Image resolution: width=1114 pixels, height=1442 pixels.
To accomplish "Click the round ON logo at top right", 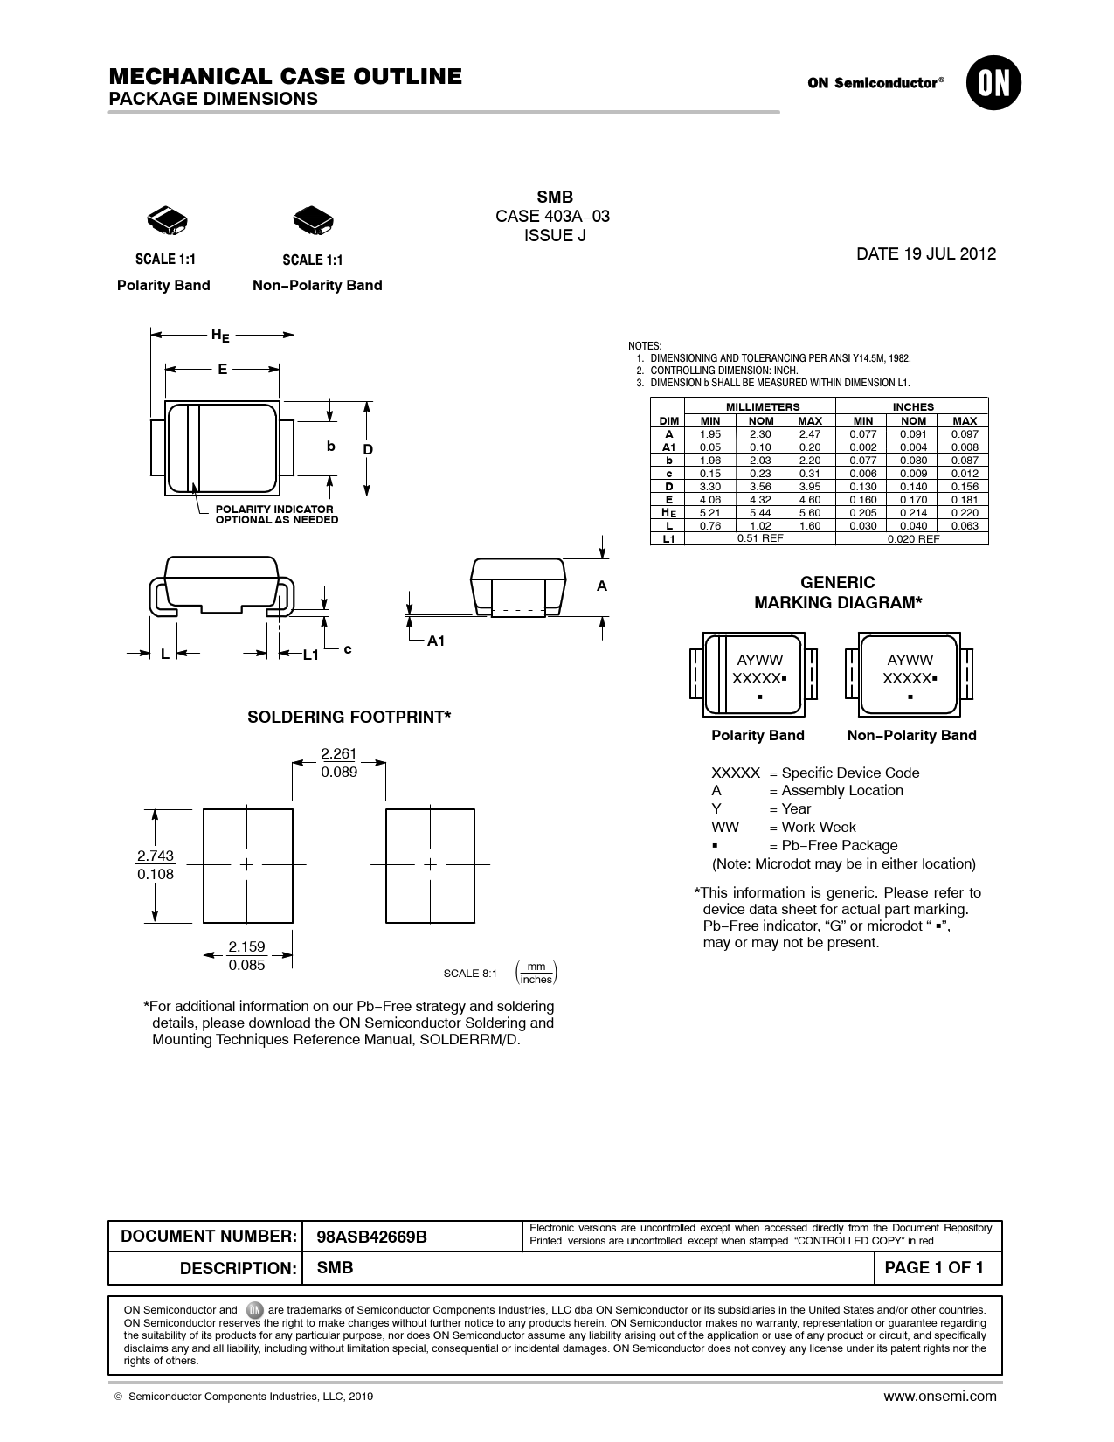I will coord(993,84).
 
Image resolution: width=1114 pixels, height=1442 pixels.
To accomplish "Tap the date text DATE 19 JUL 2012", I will coord(925,254).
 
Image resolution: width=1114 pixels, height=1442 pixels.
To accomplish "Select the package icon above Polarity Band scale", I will coord(165,221).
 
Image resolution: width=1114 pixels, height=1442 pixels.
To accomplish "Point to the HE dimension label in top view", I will coord(220,335).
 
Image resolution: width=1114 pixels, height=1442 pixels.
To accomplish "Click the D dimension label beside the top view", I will coord(368,449).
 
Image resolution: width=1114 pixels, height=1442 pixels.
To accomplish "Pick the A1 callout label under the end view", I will coord(436,641).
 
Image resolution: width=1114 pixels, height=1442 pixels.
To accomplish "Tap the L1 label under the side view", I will coord(311,655).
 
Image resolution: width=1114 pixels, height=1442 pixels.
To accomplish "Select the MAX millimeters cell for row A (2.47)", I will coord(810,433).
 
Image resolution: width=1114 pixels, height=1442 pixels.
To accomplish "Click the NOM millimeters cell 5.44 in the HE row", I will coord(760,512).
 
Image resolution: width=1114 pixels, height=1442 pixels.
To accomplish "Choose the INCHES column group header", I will coord(912,406).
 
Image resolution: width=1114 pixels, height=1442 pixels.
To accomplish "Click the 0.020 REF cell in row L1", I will coord(912,538).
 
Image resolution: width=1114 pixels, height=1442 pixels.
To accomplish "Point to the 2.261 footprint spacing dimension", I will coord(339,754).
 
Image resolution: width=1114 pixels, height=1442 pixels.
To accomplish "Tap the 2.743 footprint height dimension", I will coord(156,856).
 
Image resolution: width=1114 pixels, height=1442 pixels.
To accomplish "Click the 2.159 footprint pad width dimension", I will coord(246,946).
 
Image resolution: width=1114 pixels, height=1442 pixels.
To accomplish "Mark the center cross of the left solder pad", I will coord(247,864).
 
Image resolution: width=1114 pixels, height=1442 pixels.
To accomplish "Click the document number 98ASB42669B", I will coord(371,1237).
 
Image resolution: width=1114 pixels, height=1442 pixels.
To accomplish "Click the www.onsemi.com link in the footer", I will coord(939,1396).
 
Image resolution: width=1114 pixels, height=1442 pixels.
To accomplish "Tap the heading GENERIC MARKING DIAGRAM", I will coord(838,593).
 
